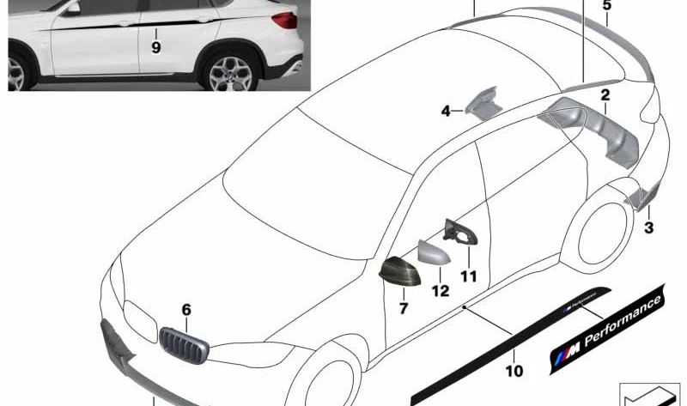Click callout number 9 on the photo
click(x=156, y=47)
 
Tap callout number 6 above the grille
click(x=186, y=310)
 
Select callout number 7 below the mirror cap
click(x=404, y=308)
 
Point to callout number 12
click(x=441, y=291)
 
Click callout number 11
click(x=468, y=276)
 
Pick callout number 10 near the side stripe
click(x=514, y=371)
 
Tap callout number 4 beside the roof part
click(x=446, y=112)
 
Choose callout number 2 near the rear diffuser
click(x=605, y=94)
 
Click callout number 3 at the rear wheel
click(x=649, y=227)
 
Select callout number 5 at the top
click(x=607, y=5)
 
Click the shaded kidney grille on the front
click(x=184, y=346)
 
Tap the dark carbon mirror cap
click(x=399, y=272)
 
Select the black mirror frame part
click(x=459, y=231)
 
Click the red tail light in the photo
click(x=285, y=20)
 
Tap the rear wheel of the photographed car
click(x=229, y=72)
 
